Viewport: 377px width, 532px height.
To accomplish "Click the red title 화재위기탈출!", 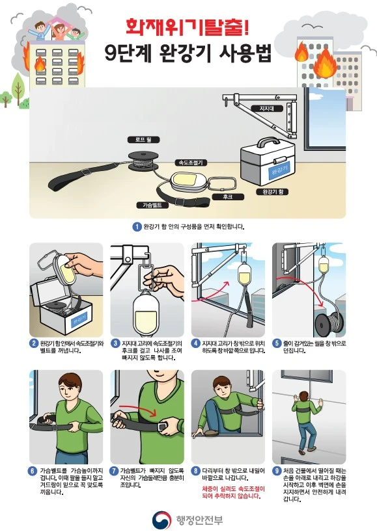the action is tap(187, 28).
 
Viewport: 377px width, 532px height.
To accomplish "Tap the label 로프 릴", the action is tap(143, 139).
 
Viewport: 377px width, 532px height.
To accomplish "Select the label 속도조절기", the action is tap(191, 163).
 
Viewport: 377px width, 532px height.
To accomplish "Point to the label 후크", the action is tap(227, 197).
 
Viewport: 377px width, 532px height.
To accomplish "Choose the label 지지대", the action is tap(266, 109).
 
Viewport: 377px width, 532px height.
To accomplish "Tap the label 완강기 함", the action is tap(272, 192).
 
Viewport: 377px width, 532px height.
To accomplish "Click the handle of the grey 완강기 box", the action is tap(268, 142).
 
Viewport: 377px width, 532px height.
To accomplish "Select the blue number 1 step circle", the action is tap(137, 226).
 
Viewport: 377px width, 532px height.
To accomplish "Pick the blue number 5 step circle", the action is tap(277, 343).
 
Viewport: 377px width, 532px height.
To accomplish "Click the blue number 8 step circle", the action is tap(195, 471).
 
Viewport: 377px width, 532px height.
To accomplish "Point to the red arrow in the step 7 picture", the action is tap(138, 409).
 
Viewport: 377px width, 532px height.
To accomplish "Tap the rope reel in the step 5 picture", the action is tap(329, 325).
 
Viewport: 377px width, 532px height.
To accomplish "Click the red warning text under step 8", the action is tap(233, 492).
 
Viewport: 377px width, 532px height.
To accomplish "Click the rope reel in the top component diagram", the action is tap(143, 161).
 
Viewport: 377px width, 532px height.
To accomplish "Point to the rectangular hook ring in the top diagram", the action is tap(222, 184).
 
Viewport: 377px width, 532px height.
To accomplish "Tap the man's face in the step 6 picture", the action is tap(70, 388).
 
